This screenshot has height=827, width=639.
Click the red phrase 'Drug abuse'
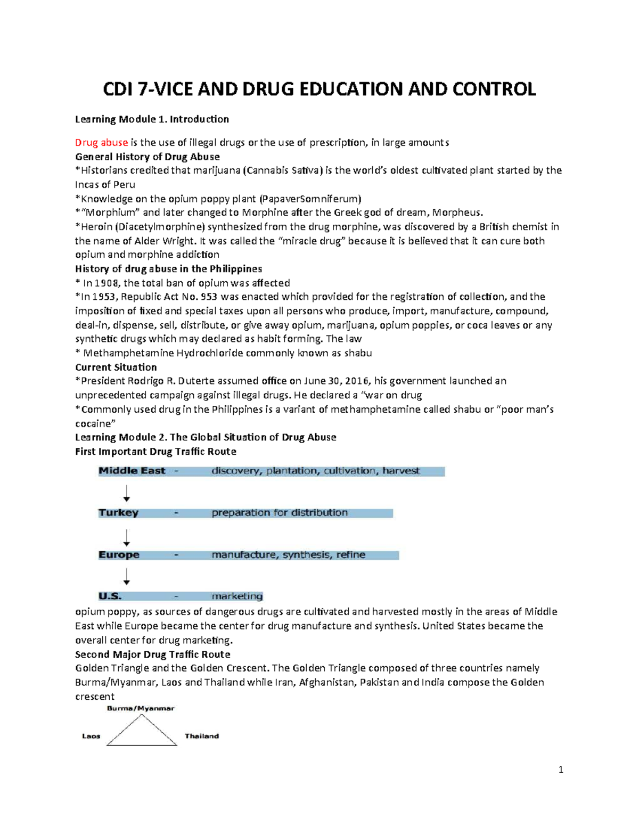101,143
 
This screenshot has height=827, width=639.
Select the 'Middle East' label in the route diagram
132,471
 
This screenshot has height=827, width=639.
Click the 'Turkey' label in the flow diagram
118,513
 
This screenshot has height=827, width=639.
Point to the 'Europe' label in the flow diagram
119,555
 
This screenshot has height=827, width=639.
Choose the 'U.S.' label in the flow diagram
110,596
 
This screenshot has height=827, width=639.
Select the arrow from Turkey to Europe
127,537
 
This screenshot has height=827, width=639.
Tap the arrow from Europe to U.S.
127,576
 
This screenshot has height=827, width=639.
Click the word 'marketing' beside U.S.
237,596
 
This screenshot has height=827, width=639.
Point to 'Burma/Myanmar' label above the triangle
141,709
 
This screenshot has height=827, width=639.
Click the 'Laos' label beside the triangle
91,736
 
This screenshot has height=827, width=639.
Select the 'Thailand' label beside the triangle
201,736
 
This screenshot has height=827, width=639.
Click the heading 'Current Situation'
116,367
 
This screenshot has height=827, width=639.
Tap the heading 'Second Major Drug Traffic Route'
153,654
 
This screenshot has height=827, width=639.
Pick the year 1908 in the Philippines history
106,283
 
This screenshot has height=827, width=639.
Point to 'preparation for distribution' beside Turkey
280,513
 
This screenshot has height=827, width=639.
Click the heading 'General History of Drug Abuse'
148,157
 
